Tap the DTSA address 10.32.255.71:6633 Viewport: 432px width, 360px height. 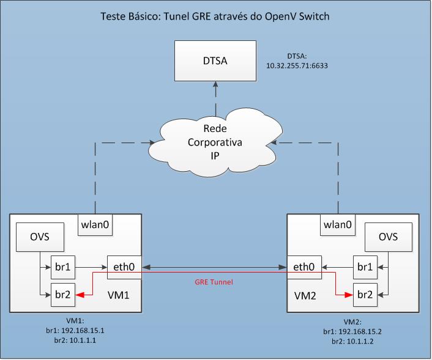click(x=298, y=63)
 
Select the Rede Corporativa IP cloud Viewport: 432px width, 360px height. click(x=214, y=141)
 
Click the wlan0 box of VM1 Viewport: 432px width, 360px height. click(x=95, y=224)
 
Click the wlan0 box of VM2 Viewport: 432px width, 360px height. click(x=337, y=224)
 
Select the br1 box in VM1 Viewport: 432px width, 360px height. click(x=62, y=266)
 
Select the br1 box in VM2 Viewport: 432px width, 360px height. click(x=365, y=266)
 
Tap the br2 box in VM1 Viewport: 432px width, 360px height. click(x=62, y=293)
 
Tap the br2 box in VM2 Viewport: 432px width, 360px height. click(x=365, y=293)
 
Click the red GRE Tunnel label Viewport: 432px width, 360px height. click(x=214, y=284)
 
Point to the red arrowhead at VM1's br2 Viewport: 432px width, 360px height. click(x=80, y=294)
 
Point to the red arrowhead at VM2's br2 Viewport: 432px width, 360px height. click(x=348, y=294)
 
